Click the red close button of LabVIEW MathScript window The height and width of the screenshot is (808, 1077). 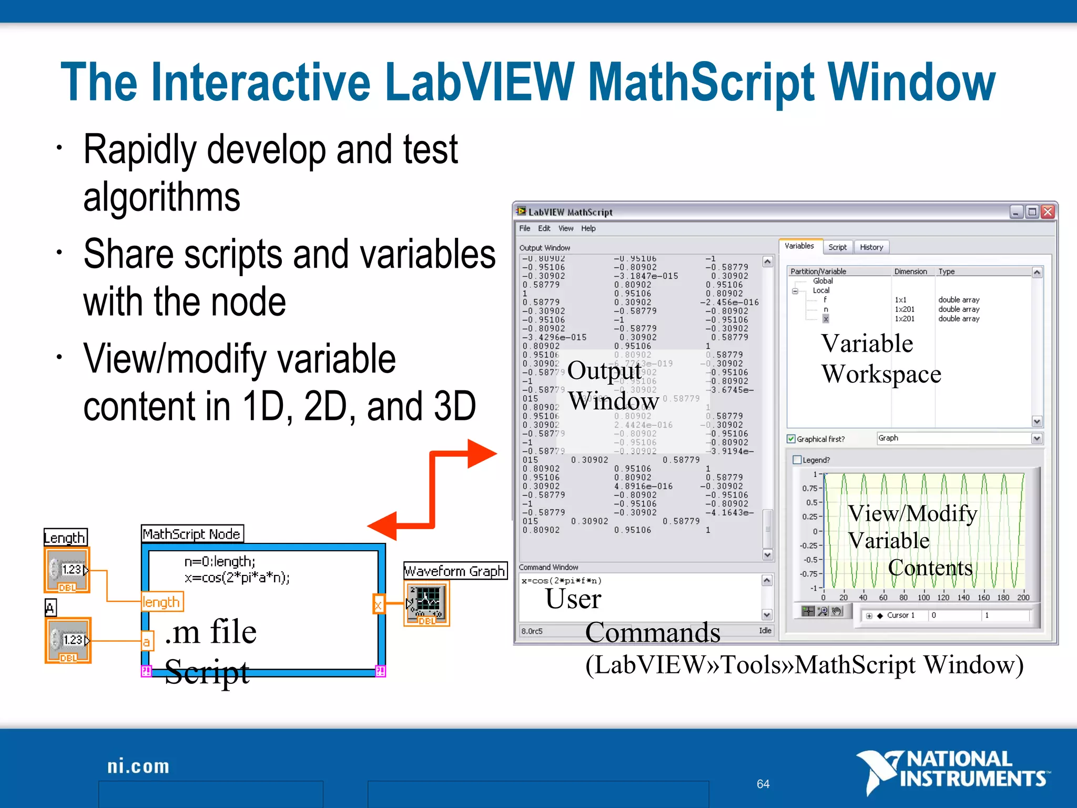[x=1048, y=211]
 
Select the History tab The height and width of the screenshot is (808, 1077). [x=871, y=247]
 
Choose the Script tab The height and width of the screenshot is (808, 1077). [x=837, y=247]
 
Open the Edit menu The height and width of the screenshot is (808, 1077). [x=544, y=228]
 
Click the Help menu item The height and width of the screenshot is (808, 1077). [x=588, y=228]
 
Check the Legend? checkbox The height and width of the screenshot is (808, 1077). [x=797, y=460]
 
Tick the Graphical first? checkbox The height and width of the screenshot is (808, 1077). [x=791, y=439]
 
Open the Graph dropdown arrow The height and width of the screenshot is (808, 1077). [x=1037, y=438]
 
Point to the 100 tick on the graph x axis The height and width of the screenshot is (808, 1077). [x=923, y=598]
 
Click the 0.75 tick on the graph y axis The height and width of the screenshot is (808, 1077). [x=810, y=488]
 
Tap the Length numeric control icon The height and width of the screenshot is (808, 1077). [x=67, y=570]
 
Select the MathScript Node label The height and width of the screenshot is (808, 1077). [x=192, y=534]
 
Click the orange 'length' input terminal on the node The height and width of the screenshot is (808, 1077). [x=161, y=602]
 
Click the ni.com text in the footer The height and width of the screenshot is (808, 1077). [x=138, y=766]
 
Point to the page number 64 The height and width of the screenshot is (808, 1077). [x=763, y=784]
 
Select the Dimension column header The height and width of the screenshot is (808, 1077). [x=910, y=271]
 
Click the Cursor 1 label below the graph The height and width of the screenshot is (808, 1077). [x=900, y=615]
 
